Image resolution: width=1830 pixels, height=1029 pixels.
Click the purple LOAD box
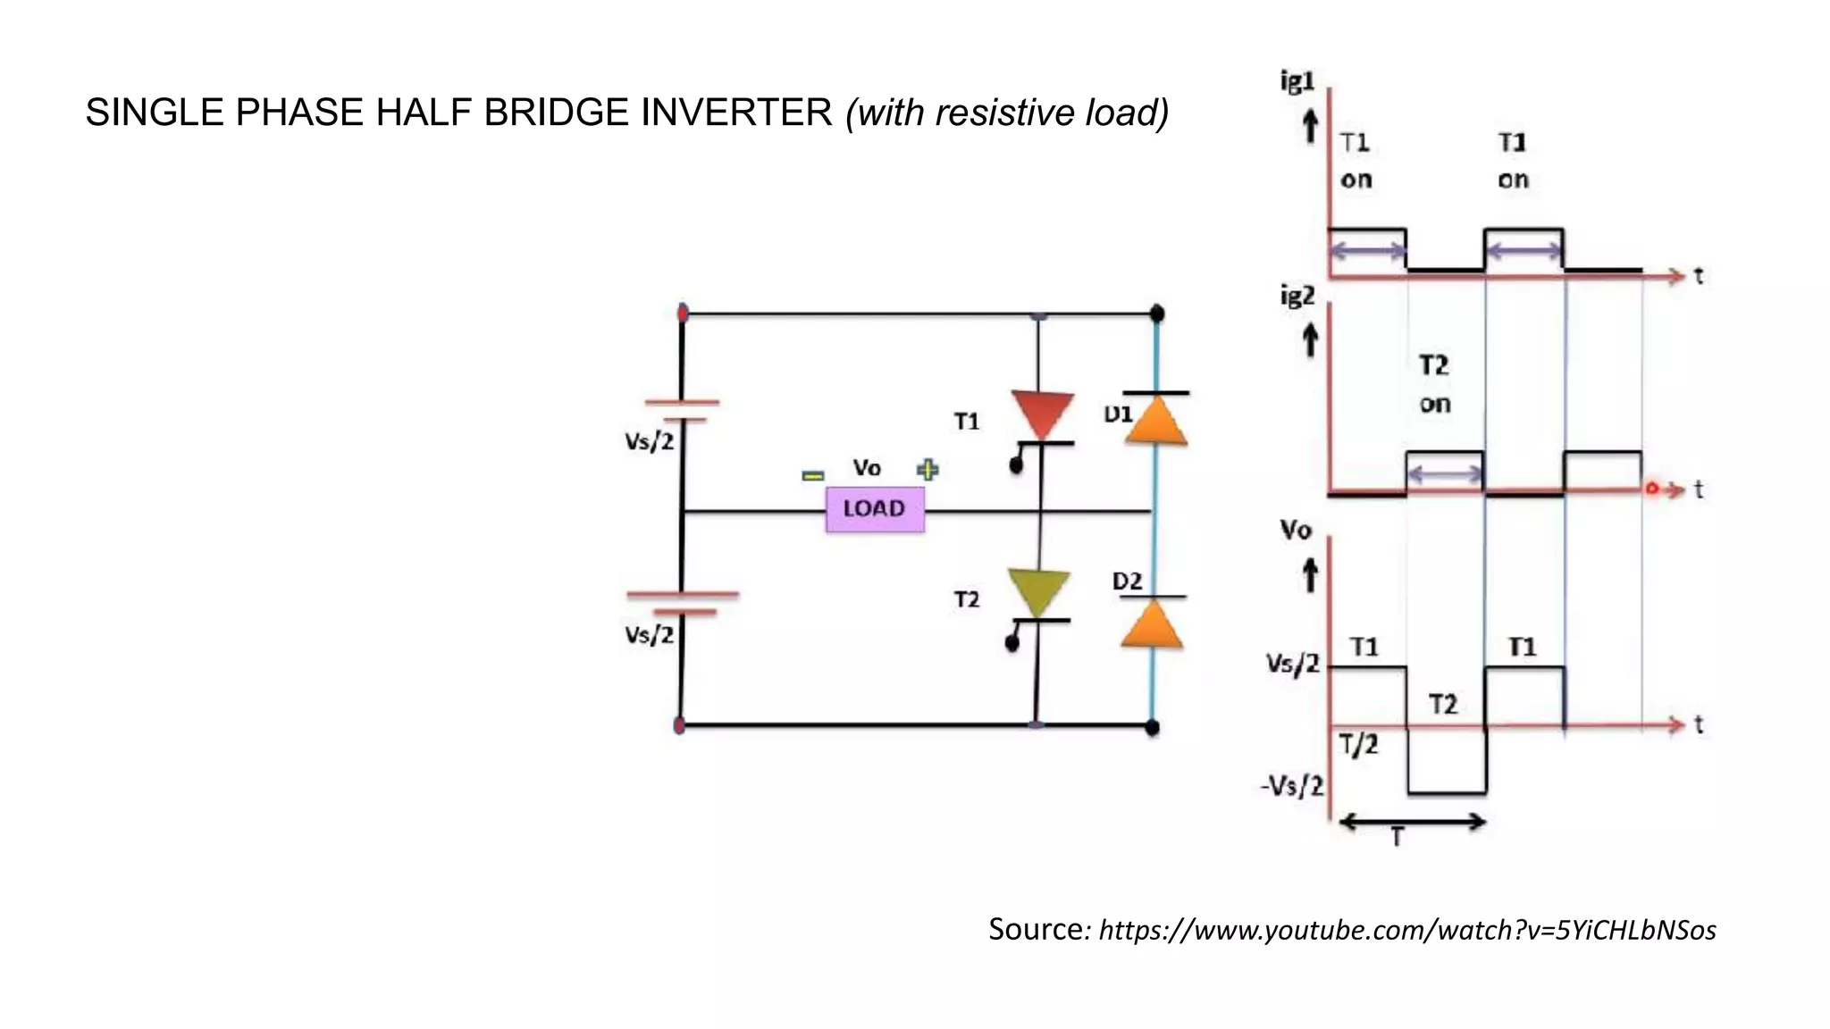[875, 509]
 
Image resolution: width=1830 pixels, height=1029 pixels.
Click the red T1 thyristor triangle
[1042, 413]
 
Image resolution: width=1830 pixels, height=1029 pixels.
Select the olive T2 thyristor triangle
[1039, 590]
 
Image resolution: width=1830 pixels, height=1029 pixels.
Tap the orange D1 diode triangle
[1155, 423]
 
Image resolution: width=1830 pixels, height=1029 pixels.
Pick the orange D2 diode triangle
[1152, 625]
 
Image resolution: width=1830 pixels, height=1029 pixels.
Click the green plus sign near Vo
[928, 470]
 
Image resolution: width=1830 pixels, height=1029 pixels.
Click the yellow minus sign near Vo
[812, 476]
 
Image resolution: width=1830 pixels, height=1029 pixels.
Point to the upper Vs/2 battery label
[650, 441]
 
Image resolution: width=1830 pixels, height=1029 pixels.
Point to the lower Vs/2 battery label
[650, 635]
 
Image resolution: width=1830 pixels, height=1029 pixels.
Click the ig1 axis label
[1297, 82]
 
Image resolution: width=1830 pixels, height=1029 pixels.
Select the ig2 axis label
[1297, 296]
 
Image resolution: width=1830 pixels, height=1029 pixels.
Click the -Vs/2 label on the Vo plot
[1292, 786]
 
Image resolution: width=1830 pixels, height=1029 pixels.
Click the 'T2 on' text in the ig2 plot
[1434, 384]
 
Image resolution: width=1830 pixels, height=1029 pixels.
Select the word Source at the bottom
[1036, 929]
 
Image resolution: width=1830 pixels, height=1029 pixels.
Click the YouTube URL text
[1407, 931]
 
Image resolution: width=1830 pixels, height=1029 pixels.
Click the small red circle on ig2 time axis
[1651, 489]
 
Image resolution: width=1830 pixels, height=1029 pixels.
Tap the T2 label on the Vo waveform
[1443, 705]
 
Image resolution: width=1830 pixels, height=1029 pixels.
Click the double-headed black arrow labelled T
[1413, 822]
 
